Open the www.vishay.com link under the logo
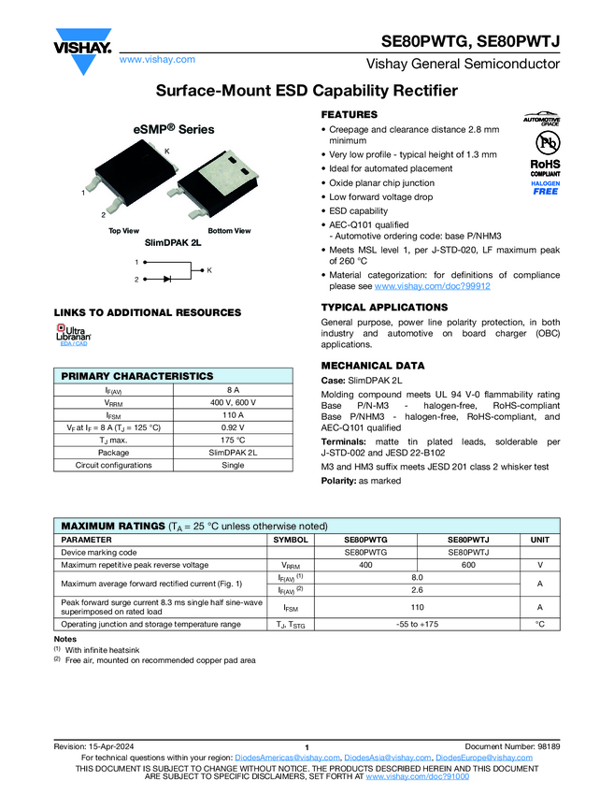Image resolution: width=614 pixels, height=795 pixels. (157, 59)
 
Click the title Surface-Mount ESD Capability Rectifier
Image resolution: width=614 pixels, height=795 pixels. (307, 91)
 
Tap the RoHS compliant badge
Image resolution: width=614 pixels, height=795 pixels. (545, 167)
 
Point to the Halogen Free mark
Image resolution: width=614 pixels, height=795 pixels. (545, 188)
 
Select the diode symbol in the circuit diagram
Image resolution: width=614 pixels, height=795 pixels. (168, 279)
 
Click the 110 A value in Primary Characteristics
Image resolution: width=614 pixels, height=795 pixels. (234, 414)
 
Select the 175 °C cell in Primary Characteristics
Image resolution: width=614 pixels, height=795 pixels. (234, 440)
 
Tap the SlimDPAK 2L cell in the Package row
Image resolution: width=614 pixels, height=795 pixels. (234, 453)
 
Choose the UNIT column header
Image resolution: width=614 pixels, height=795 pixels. (539, 540)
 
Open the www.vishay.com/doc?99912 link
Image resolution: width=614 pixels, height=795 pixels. (432, 286)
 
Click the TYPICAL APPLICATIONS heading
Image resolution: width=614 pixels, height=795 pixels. (384, 308)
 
